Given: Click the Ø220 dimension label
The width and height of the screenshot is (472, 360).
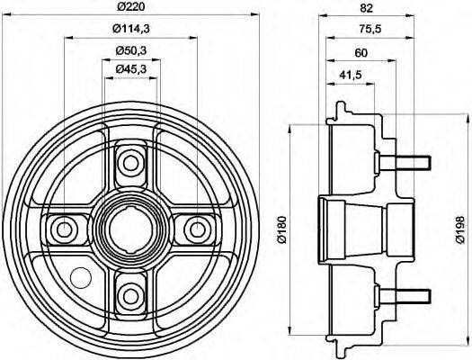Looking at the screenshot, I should pos(131,9).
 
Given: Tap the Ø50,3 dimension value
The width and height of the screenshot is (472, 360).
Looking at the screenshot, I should pos(131,49).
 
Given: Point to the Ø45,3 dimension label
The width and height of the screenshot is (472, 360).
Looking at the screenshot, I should pos(131,69).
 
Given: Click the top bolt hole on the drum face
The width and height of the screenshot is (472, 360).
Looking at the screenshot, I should pos(131,162).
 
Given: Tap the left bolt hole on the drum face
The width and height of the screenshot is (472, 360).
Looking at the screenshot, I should pos(66,228).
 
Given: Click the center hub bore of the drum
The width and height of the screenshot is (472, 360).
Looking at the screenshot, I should pos(131,228).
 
